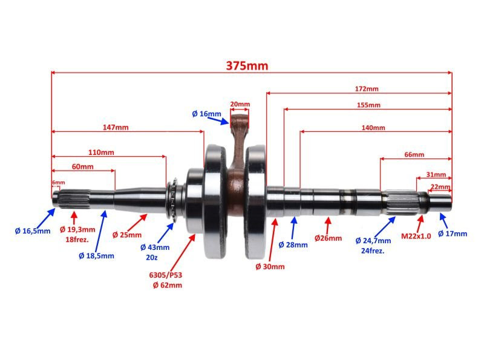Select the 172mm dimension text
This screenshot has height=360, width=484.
coord(366,89)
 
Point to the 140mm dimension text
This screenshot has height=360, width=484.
coord(373,128)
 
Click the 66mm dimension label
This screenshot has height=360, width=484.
coord(414,154)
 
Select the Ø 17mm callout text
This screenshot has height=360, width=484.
coord(453,234)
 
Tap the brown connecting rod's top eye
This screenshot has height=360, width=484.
coord(239,120)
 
